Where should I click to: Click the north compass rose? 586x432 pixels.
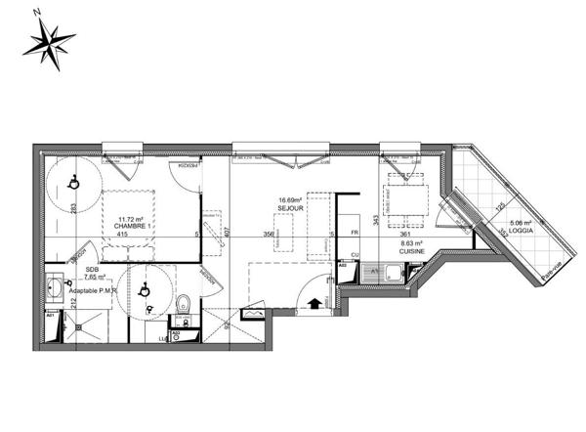point(48,41)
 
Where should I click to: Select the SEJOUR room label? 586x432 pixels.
point(290,208)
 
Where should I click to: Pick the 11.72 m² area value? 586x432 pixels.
point(124,219)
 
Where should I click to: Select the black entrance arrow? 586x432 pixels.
point(314,304)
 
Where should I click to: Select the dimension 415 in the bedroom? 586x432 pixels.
point(122,236)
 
